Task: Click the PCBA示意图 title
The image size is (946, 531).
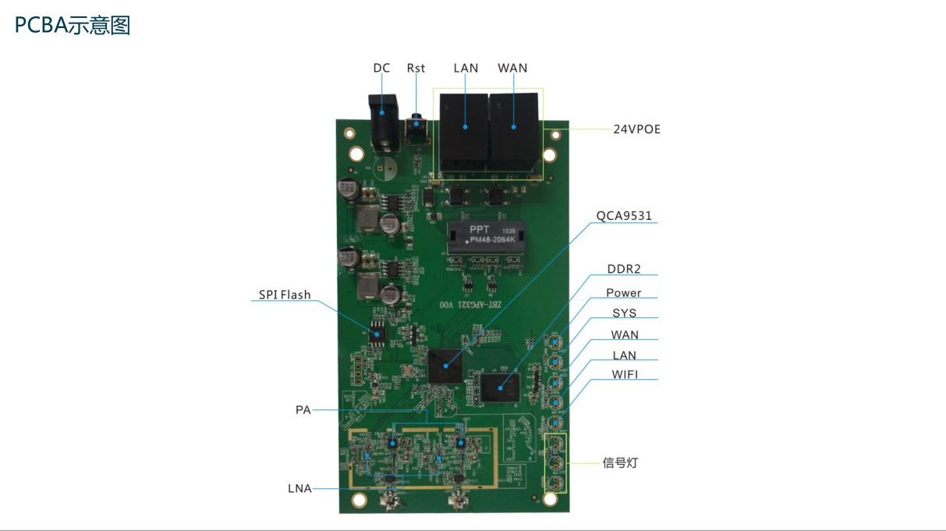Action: [x=73, y=26]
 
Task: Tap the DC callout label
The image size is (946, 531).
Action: [x=381, y=68]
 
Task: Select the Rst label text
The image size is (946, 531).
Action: [x=416, y=68]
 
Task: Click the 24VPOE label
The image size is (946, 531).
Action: [x=636, y=129]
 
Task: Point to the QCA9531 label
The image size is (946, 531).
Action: [x=624, y=216]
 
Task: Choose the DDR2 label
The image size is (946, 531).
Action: [x=624, y=269]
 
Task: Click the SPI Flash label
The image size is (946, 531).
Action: [x=285, y=295]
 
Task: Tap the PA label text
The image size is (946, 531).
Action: [x=303, y=409]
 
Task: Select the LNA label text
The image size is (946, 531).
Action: [x=299, y=489]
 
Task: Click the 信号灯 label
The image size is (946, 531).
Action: [x=621, y=462]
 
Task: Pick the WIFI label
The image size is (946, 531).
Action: [x=624, y=374]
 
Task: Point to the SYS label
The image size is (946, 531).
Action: [x=624, y=313]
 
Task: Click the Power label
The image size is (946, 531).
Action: [x=624, y=292]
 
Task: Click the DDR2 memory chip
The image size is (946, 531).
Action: [x=500, y=387]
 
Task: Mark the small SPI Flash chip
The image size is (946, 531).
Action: [x=379, y=331]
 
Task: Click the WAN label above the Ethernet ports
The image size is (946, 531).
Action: [x=512, y=68]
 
